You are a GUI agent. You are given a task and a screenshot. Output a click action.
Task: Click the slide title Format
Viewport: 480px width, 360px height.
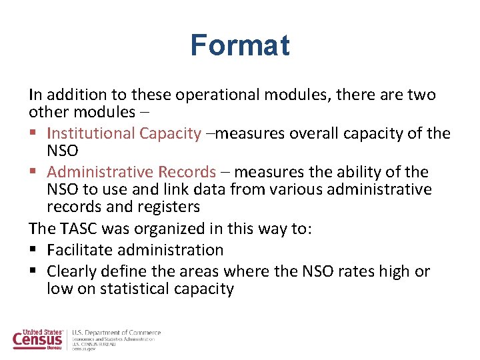click(240, 46)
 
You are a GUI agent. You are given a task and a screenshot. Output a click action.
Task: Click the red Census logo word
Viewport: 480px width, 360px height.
click(37, 341)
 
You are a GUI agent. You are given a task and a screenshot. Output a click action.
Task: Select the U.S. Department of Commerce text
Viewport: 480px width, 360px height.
click(116, 333)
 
